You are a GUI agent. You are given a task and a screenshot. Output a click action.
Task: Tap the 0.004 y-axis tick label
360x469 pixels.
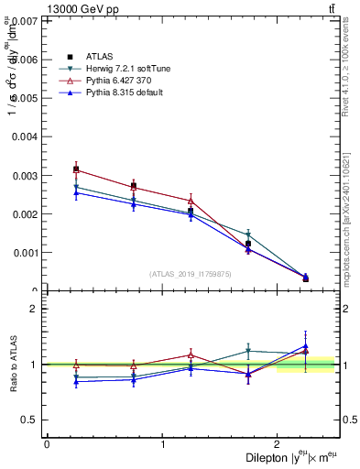pyautogui.click(x=25, y=136)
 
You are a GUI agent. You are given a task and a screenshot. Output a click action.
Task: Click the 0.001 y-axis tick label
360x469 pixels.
pyautogui.click(x=25, y=253)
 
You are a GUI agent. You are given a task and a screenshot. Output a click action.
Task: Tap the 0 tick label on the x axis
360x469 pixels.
pyautogui.click(x=47, y=444)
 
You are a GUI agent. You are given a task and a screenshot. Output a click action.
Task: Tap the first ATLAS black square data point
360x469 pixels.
pyautogui.click(x=76, y=169)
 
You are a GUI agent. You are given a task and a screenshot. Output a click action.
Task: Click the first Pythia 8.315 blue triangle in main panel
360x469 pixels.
pyautogui.click(x=76, y=192)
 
